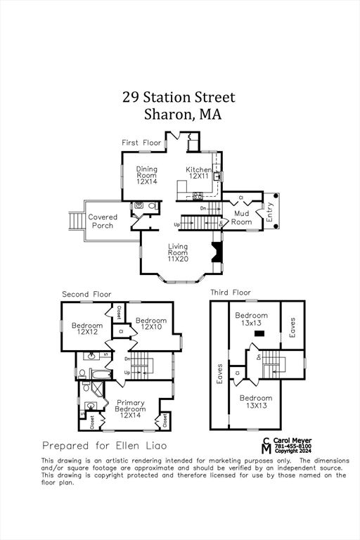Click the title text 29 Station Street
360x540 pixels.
(x=179, y=97)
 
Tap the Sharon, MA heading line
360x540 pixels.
(x=182, y=115)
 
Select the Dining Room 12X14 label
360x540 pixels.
(x=146, y=175)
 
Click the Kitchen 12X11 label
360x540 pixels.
(x=198, y=173)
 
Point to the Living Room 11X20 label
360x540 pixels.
(x=177, y=252)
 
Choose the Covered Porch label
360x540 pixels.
(x=103, y=221)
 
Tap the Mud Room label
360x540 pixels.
(x=241, y=217)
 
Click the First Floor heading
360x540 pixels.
(x=141, y=143)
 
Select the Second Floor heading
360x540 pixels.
(x=86, y=294)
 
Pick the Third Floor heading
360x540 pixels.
(x=231, y=292)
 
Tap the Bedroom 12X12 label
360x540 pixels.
(x=87, y=328)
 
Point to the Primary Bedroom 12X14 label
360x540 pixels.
(x=130, y=409)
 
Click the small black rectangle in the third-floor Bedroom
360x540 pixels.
(x=259, y=333)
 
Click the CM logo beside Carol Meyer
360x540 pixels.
(x=266, y=445)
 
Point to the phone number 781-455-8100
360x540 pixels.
(x=293, y=445)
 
